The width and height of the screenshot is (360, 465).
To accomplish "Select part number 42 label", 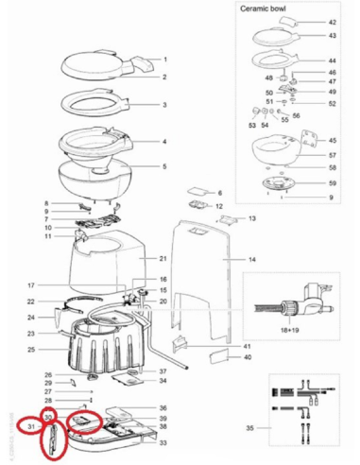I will pos(331,21).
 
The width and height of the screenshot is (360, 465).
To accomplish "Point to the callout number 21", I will pos(163,258).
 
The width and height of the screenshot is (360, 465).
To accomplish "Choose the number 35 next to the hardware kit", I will pos(249,427).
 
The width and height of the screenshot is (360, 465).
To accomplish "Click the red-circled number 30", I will pos(48,416).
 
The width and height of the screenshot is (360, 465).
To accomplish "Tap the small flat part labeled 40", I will pos(217,358).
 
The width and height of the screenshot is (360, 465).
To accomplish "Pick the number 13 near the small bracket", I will pos(252,218).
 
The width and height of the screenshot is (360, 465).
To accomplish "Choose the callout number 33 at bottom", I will pos(163,442).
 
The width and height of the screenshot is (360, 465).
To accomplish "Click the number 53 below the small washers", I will pos(252,124).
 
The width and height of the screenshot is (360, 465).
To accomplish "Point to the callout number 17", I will pos(30,284).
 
